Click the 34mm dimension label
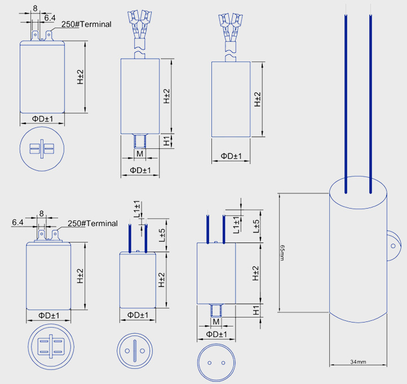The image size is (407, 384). [358, 361]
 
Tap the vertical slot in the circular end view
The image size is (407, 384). [134, 351]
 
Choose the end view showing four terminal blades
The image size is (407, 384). [50, 346]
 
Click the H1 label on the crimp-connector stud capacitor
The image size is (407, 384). [167, 141]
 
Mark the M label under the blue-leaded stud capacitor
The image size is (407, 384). [216, 321]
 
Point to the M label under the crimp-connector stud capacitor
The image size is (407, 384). [139, 154]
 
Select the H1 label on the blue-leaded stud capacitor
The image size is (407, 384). [256, 310]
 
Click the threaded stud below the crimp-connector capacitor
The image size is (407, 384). [139, 140]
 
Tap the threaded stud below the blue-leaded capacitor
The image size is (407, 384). [216, 309]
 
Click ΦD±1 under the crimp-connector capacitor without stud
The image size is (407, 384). [231, 156]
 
